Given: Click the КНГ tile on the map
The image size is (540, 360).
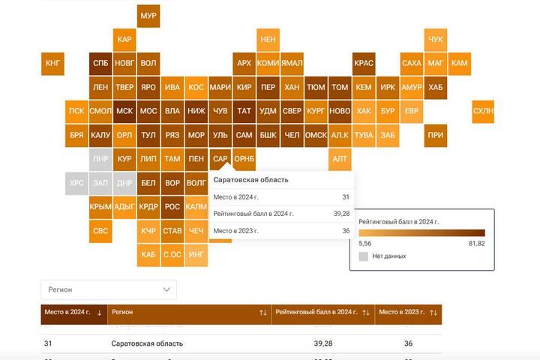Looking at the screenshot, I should click(52, 63).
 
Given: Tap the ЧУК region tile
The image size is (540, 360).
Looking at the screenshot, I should click(436, 39).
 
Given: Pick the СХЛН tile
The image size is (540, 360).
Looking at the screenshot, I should click(483, 111).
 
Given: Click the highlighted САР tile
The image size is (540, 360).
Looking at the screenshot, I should click(220, 159).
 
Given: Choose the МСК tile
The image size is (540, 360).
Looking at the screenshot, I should click(124, 111).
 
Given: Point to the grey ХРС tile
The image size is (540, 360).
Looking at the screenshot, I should click(76, 183).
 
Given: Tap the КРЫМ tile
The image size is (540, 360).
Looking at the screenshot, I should click(100, 207).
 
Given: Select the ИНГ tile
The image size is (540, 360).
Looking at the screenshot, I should click(196, 255).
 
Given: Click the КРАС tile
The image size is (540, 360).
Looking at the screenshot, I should click(364, 63).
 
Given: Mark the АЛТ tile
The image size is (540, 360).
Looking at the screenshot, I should click(340, 159).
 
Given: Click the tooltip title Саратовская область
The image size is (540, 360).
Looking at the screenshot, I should click(251, 180).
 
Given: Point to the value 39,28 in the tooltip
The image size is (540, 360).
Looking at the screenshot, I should click(341, 214).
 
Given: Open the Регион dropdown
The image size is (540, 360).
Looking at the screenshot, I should click(109, 289).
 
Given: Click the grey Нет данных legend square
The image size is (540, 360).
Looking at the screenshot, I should click(364, 256).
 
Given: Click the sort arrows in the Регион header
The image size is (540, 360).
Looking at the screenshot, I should click(262, 312).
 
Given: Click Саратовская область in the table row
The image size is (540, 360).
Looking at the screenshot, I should click(147, 343).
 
